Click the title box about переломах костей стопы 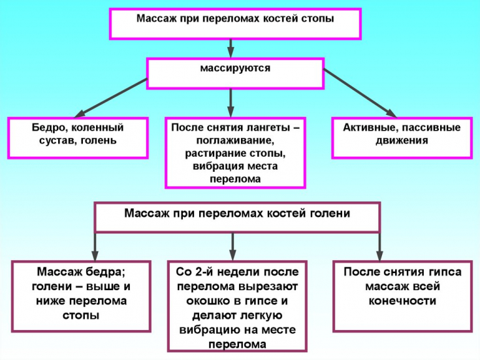(235, 24)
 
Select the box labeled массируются (235, 74)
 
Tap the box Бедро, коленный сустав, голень (77, 137)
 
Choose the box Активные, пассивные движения (402, 137)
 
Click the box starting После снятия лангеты (236, 153)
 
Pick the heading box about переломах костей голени (237, 217)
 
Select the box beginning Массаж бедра (82, 295)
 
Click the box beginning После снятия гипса (402, 295)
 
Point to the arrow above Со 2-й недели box (232, 246)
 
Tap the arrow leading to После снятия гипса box (379, 246)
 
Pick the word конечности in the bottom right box (402, 301)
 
